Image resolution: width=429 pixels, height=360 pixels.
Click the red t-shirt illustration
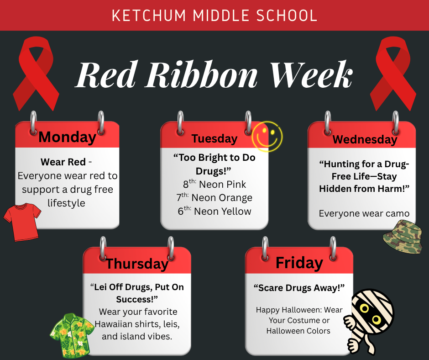(x=22, y=222)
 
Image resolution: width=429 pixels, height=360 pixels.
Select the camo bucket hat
(x=403, y=237)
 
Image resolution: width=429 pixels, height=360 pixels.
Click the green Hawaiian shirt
(x=72, y=335)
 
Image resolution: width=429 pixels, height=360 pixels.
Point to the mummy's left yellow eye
(x=364, y=308)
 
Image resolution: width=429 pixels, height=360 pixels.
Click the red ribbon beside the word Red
(x=36, y=74)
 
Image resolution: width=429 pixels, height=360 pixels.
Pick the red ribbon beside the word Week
(x=393, y=74)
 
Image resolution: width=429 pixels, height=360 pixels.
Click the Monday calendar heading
(x=67, y=137)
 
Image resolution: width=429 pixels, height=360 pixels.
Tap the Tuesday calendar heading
(x=214, y=138)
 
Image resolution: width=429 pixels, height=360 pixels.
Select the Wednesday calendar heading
(x=365, y=139)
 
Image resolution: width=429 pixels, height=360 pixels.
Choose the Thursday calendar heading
(x=137, y=264)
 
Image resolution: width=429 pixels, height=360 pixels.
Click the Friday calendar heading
(x=299, y=263)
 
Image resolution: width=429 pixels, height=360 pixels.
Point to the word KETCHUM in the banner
(x=149, y=16)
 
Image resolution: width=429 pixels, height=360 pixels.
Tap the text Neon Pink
(x=222, y=185)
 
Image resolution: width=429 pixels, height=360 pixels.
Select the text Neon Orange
(x=222, y=198)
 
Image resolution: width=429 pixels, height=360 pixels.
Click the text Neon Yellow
(x=222, y=211)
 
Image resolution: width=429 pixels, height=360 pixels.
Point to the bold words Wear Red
(x=63, y=162)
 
